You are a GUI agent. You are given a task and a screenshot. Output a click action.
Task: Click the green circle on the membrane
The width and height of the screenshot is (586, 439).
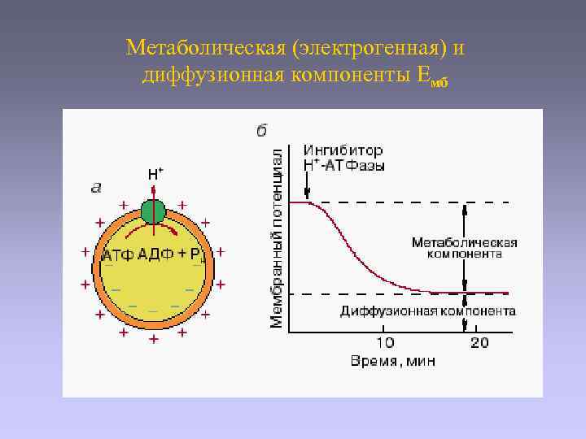pyautogui.click(x=153, y=211)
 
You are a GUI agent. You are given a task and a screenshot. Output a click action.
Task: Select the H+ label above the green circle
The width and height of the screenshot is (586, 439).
pyautogui.click(x=155, y=174)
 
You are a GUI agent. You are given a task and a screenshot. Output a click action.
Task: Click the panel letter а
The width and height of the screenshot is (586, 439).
pyautogui.click(x=96, y=188)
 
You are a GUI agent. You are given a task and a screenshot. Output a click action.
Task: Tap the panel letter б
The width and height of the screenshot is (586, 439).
pyautogui.click(x=262, y=130)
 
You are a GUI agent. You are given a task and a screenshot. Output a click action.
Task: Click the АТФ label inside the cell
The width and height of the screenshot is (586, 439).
pyautogui.click(x=117, y=256)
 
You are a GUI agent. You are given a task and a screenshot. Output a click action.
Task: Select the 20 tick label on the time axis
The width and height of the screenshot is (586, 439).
pyautogui.click(x=479, y=342)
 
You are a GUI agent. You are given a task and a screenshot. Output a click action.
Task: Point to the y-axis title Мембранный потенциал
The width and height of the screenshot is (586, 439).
pyautogui.click(x=277, y=238)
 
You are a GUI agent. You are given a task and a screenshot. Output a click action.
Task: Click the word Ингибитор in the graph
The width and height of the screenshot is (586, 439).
pyautogui.click(x=343, y=150)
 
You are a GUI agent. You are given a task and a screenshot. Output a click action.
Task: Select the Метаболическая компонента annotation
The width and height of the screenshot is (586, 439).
pyautogui.click(x=464, y=248)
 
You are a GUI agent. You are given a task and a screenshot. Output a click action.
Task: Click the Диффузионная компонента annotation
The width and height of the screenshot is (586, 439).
pyautogui.click(x=427, y=311)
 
